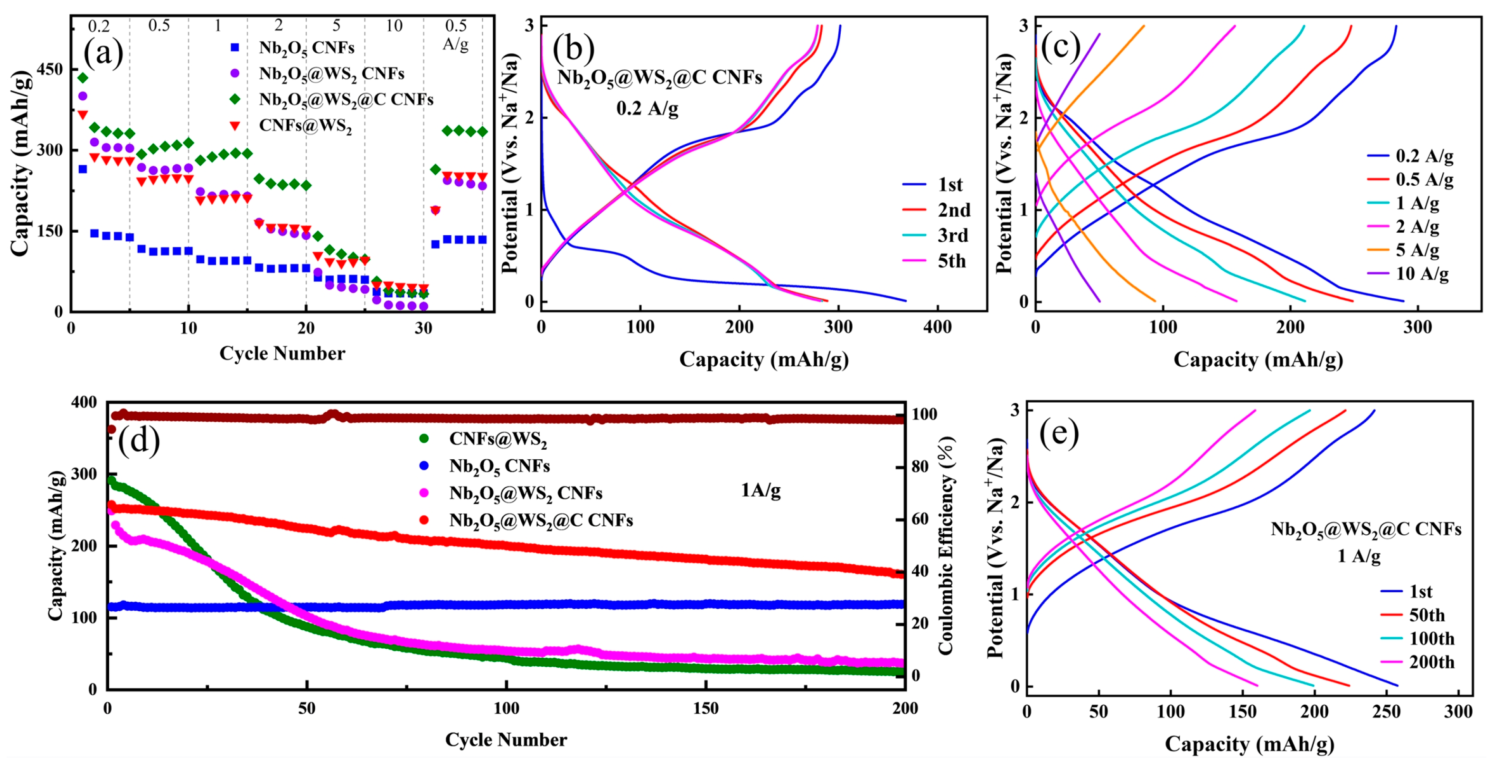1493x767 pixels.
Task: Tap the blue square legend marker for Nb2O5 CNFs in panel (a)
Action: (x=235, y=47)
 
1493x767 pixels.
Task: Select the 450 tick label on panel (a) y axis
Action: (x=49, y=69)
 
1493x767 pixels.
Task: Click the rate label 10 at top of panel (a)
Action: (x=394, y=26)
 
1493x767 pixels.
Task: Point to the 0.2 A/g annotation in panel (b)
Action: (x=647, y=108)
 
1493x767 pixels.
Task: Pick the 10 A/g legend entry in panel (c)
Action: (x=1421, y=274)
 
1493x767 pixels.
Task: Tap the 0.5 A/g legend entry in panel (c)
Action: (x=1423, y=180)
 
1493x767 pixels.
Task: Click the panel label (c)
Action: (x=1060, y=47)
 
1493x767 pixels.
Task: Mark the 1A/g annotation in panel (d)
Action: (x=761, y=491)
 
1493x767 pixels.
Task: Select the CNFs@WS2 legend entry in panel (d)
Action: (x=498, y=439)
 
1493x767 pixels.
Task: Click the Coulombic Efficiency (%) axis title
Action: (x=945, y=546)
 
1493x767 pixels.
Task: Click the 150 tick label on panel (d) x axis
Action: (x=705, y=709)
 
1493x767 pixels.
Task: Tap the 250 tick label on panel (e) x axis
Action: (x=1386, y=712)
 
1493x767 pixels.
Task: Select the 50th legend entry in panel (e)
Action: (x=1427, y=615)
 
